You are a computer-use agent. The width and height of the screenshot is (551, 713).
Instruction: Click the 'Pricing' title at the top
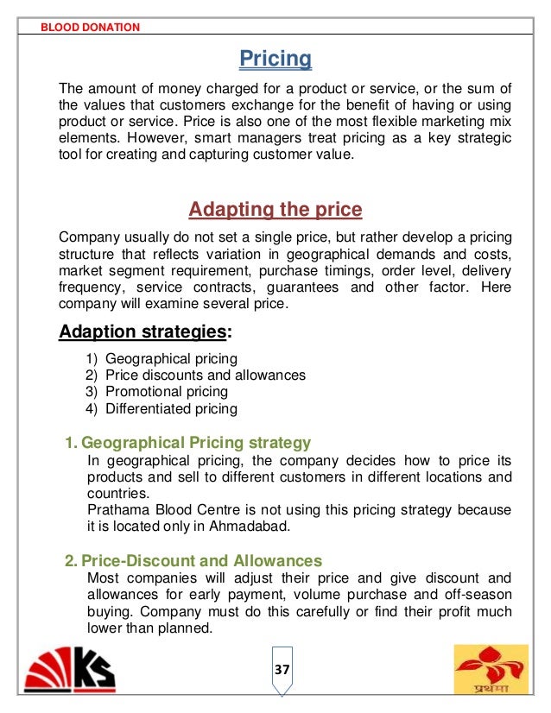click(x=275, y=60)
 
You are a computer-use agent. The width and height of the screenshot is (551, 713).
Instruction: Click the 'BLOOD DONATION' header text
click(x=90, y=27)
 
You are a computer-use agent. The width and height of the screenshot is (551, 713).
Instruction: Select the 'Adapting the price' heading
click(x=275, y=210)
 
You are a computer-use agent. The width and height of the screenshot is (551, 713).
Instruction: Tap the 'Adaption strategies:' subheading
click(x=144, y=332)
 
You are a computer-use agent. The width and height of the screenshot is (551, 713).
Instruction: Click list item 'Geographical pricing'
click(x=171, y=358)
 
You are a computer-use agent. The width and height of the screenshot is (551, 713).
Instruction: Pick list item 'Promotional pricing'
click(x=167, y=392)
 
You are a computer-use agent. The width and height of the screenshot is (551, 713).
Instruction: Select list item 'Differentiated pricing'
click(x=171, y=409)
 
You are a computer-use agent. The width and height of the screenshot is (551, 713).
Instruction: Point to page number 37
click(x=282, y=670)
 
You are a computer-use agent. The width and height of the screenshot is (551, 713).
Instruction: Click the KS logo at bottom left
click(x=74, y=671)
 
